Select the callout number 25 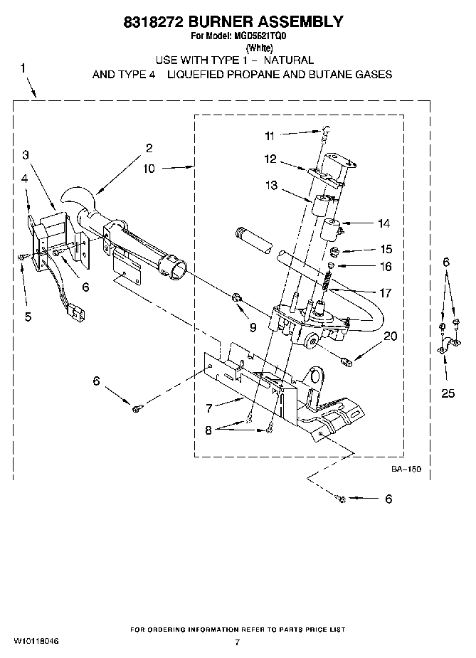(x=448, y=392)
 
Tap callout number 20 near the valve (x=389, y=336)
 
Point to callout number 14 (x=384, y=223)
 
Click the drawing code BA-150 (x=406, y=469)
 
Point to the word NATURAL (x=288, y=60)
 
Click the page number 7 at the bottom (x=238, y=642)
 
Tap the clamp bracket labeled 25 (x=443, y=346)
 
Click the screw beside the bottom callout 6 (x=341, y=499)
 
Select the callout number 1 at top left (x=23, y=68)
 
